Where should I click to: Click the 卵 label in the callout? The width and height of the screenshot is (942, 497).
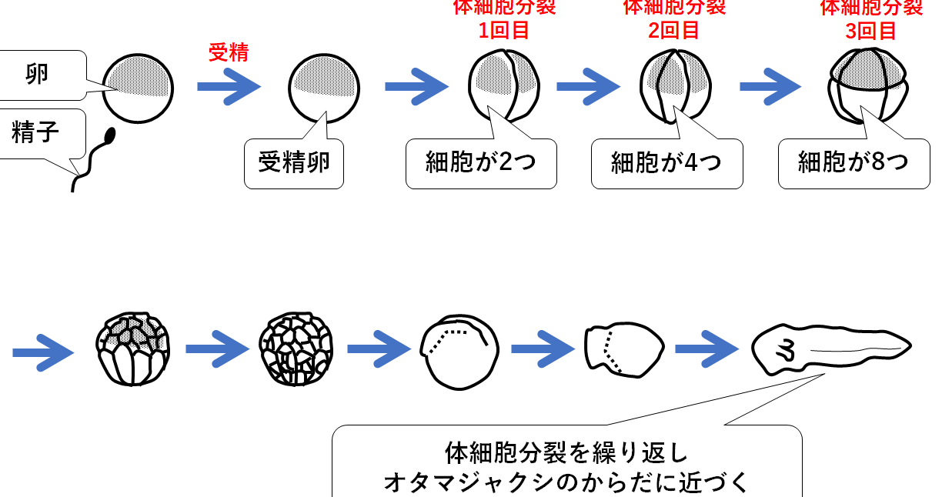click(37, 75)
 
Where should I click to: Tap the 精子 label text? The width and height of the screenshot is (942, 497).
click(35, 132)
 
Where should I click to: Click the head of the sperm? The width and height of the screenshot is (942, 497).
click(110, 135)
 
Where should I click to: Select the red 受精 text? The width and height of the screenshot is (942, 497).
click(229, 52)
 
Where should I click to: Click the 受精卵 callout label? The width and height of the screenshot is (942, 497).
click(294, 162)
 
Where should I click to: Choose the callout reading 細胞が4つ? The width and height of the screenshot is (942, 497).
click(666, 162)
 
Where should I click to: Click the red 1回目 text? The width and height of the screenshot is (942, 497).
click(504, 31)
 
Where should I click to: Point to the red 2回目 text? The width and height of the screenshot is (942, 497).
click(673, 31)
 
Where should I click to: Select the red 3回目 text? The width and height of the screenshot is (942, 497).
click(870, 31)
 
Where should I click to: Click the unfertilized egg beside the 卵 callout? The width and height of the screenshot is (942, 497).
click(138, 88)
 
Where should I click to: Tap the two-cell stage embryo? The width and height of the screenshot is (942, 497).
click(504, 85)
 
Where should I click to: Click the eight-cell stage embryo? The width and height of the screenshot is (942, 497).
click(868, 85)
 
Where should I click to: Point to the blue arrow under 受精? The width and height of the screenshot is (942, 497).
click(229, 87)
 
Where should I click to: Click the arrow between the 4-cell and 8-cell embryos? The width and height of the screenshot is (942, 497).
click(770, 87)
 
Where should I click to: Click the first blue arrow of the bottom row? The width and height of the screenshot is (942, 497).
click(43, 353)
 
